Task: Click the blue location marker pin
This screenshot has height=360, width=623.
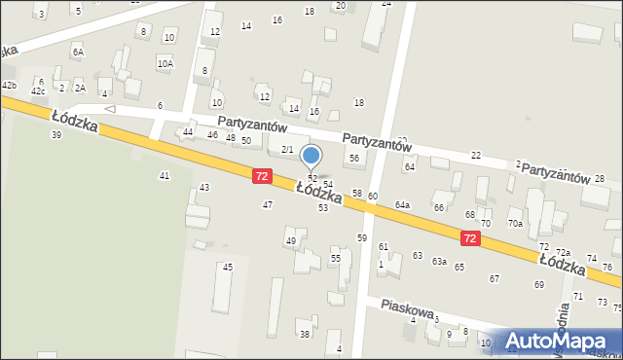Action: pyautogui.click(x=311, y=156)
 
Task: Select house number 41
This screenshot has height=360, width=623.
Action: pyautogui.click(x=165, y=175)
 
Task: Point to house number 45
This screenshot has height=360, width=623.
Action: pyautogui.click(x=228, y=267)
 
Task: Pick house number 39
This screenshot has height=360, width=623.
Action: pyautogui.click(x=56, y=134)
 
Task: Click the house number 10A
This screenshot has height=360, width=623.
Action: pyautogui.click(x=165, y=63)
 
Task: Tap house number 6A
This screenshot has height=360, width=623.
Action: pyautogui.click(x=78, y=52)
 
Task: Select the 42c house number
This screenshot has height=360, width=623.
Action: pyautogui.click(x=39, y=90)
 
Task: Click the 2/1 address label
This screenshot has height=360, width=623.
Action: pyautogui.click(x=287, y=149)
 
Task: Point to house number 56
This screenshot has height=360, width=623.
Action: pyautogui.click(x=354, y=158)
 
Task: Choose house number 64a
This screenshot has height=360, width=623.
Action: pyautogui.click(x=402, y=204)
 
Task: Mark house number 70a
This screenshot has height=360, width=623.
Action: pyautogui.click(x=515, y=224)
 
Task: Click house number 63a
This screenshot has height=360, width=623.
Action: pyautogui.click(x=439, y=261)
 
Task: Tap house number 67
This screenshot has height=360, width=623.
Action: pyautogui.click(x=495, y=278)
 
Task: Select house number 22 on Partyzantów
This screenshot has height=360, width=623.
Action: pyautogui.click(x=476, y=156)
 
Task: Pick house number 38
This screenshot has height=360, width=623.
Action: pyautogui.click(x=304, y=334)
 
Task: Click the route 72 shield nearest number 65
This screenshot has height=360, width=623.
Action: pyautogui.click(x=471, y=238)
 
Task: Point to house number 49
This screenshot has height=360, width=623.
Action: pyautogui.click(x=290, y=240)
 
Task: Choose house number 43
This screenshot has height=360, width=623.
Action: pyautogui.click(x=204, y=187)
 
